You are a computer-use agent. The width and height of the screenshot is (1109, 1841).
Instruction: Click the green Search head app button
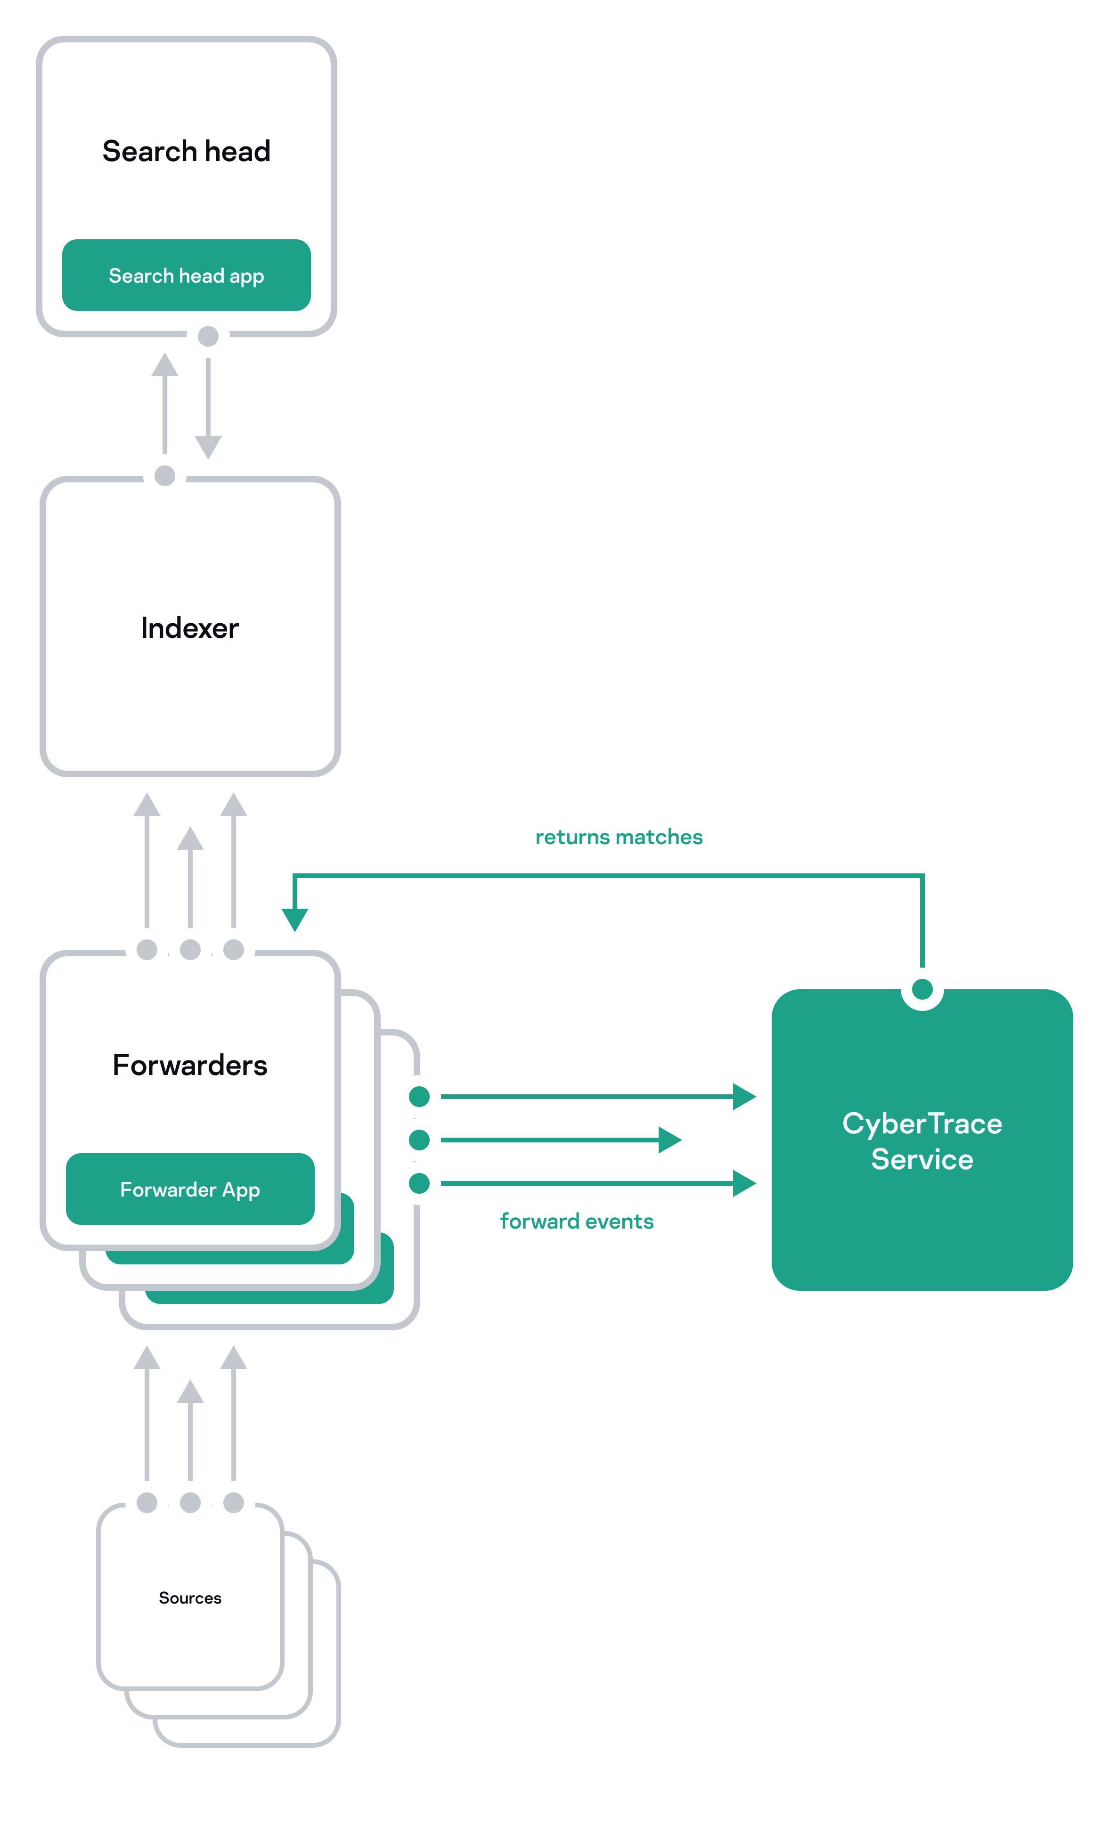[186, 275]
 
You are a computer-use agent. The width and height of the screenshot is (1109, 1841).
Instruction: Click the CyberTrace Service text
[921, 1141]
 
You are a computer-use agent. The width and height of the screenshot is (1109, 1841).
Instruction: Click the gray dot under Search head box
[208, 336]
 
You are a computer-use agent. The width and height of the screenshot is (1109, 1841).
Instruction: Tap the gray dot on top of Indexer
[164, 476]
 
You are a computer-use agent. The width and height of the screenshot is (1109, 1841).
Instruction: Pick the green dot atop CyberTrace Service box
[922, 989]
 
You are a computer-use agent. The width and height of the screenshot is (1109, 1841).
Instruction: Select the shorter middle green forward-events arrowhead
[669, 1140]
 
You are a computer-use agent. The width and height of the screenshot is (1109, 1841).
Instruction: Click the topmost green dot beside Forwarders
[419, 1097]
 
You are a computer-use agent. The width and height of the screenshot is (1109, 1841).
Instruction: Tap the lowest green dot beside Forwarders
[419, 1183]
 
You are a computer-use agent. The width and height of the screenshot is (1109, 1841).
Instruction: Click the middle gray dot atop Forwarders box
[190, 950]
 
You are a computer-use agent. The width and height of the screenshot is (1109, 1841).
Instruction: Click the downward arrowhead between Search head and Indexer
[208, 447]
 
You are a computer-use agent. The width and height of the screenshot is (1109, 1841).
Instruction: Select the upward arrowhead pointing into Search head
[164, 366]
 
